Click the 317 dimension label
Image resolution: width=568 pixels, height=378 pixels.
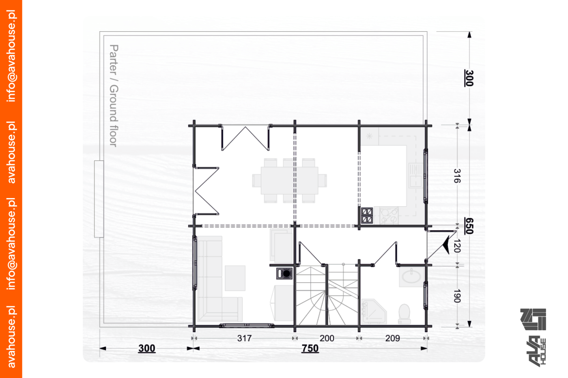(x=244, y=338)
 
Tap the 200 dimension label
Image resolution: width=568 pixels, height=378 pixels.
(x=327, y=338)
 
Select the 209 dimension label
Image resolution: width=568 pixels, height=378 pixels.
(x=393, y=338)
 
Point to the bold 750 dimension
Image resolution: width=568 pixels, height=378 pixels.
(x=310, y=348)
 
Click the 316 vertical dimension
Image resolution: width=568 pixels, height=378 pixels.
(x=457, y=176)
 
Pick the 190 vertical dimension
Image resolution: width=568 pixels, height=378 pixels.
(x=457, y=296)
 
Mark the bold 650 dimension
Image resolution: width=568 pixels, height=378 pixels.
(x=469, y=226)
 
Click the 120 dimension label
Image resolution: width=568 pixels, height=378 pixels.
(x=457, y=246)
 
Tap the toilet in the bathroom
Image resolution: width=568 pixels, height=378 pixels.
(x=404, y=314)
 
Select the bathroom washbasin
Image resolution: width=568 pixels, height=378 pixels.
(x=411, y=276)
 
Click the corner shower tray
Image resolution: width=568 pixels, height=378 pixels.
(x=374, y=312)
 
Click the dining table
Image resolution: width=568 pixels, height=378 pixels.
(x=290, y=181)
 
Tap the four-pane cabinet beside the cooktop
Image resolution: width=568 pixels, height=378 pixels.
(x=367, y=216)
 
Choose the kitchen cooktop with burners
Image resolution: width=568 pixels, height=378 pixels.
(x=389, y=216)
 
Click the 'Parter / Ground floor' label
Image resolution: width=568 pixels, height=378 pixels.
(x=114, y=96)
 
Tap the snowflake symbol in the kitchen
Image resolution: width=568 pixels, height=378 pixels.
(x=369, y=136)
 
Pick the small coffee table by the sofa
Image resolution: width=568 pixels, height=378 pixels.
(x=235, y=278)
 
